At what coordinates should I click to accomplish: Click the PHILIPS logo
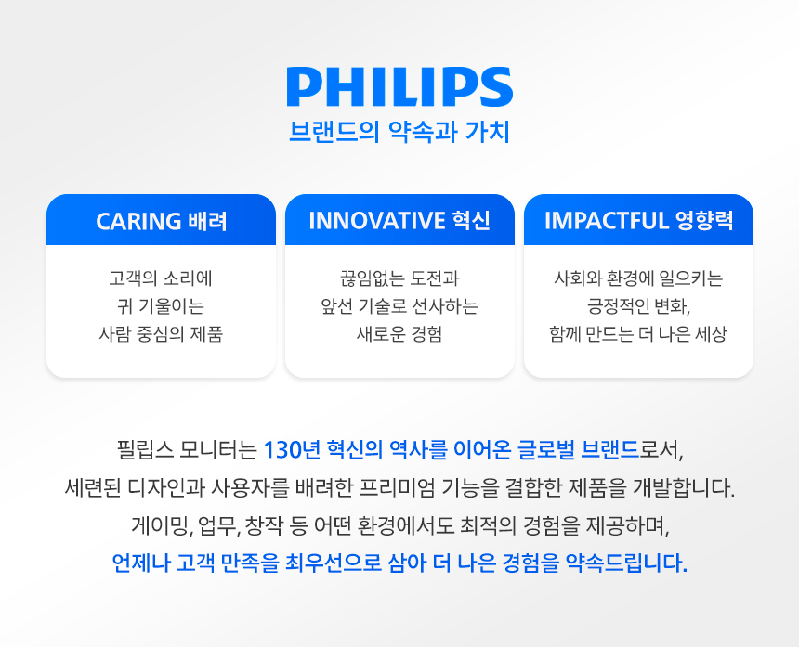[x=399, y=87]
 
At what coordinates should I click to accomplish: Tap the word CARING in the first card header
[x=138, y=221]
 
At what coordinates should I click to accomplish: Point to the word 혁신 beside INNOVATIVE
[x=471, y=221]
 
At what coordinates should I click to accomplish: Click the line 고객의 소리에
[x=161, y=278]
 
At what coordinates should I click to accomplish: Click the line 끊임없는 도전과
[x=399, y=278]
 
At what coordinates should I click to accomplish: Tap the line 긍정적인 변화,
[x=638, y=305]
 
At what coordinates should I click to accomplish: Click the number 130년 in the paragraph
[x=292, y=450]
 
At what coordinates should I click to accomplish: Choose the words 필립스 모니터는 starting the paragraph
[x=187, y=450]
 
